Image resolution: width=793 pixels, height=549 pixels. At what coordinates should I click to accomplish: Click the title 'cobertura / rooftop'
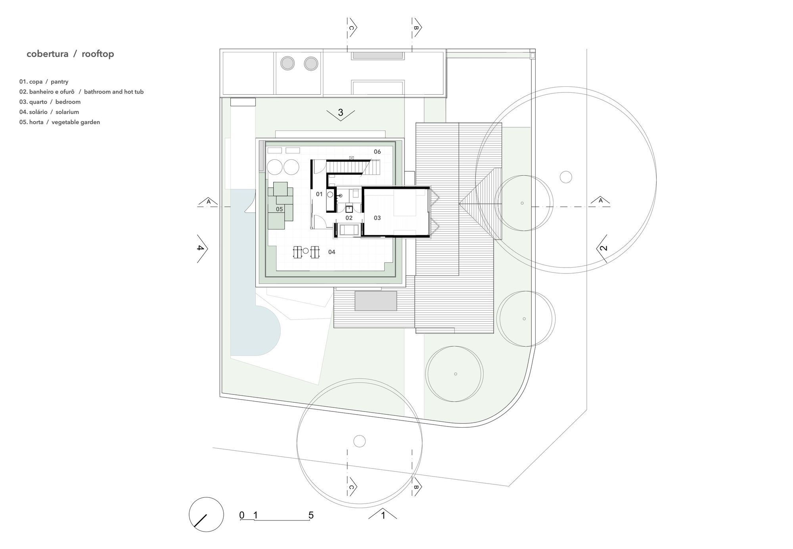[70, 54]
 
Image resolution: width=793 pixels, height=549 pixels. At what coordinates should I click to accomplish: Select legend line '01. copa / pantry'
[44, 82]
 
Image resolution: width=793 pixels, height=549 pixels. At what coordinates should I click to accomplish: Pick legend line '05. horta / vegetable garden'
[59, 122]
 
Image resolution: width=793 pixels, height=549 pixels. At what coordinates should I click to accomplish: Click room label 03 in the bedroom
[377, 218]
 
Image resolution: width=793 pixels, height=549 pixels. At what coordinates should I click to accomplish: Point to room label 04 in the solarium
[331, 252]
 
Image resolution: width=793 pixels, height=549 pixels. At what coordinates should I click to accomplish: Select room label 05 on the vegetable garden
[279, 209]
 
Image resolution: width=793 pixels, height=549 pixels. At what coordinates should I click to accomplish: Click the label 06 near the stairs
[377, 151]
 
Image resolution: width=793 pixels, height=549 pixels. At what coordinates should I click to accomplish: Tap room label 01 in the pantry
[319, 194]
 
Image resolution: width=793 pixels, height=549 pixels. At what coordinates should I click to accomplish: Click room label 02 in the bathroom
[349, 218]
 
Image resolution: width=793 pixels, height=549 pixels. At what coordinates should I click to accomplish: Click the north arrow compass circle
[206, 515]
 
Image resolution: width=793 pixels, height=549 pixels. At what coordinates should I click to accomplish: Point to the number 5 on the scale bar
[311, 515]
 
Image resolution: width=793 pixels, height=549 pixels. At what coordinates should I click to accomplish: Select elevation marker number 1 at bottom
[383, 516]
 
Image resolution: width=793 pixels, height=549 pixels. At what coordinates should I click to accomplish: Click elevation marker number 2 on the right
[603, 249]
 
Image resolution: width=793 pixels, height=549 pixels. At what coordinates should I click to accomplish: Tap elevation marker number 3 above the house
[340, 113]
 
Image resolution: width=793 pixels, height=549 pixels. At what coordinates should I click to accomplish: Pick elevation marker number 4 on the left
[201, 249]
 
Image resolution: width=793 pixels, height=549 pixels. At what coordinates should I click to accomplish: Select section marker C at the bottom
[351, 487]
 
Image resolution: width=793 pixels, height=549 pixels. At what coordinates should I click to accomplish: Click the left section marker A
[209, 202]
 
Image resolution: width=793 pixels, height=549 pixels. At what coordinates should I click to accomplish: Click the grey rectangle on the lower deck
[375, 301]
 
